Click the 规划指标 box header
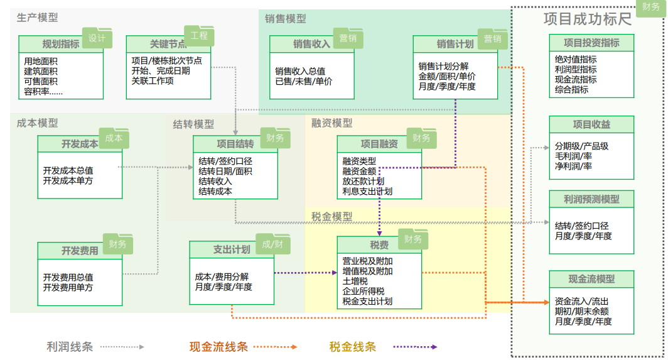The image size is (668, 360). [60, 44]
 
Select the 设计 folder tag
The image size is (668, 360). [97, 38]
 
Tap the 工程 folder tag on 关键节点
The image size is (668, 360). [198, 36]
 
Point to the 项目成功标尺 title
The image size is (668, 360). [587, 19]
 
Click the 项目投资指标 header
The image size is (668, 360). [591, 43]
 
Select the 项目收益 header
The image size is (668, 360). [591, 124]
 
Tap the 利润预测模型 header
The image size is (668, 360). [591, 199]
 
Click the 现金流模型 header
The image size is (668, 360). [591, 279]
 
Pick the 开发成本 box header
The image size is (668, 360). [79, 144]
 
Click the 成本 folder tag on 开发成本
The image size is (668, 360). [114, 138]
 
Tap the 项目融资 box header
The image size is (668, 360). [379, 144]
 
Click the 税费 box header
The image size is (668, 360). [379, 245]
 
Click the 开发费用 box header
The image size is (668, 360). [79, 251]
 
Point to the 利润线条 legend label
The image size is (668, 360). [69, 346]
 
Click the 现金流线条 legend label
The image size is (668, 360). [218, 346]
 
